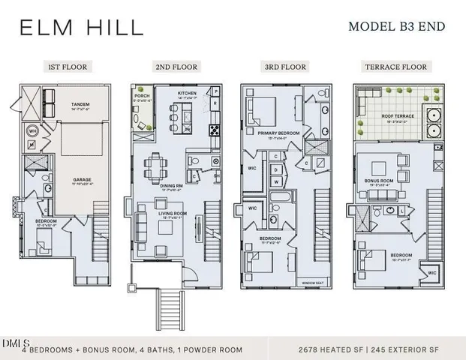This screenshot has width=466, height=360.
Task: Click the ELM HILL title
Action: click(81, 28)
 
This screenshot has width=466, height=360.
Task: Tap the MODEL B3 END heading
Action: click(397, 27)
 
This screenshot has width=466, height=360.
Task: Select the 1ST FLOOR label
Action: click(68, 67)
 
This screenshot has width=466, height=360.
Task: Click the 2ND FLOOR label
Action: click(176, 67)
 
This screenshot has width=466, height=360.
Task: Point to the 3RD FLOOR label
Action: click(286, 67)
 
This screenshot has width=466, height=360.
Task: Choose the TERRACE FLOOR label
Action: click(397, 67)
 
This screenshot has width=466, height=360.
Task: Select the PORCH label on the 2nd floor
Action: click(143, 96)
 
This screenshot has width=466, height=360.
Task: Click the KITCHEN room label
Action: click(187, 94)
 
